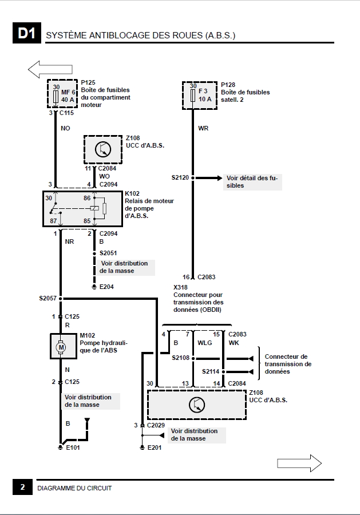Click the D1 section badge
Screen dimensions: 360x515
pyautogui.click(x=26, y=33)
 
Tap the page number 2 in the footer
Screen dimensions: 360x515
pyautogui.click(x=22, y=487)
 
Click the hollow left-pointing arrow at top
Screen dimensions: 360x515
pyautogui.click(x=50, y=69)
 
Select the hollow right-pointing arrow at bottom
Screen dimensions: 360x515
pyautogui.click(x=299, y=463)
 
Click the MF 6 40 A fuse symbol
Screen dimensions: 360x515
pyautogui.click(x=56, y=97)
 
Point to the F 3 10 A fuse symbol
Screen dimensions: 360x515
pyautogui.click(x=193, y=96)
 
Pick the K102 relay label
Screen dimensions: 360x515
pyautogui.click(x=132, y=193)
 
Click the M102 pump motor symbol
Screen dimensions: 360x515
pyautogui.click(x=61, y=347)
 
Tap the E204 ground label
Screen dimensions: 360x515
pyautogui.click(x=106, y=287)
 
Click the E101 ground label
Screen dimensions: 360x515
pyautogui.click(x=73, y=447)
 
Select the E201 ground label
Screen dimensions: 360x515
pyautogui.click(x=155, y=447)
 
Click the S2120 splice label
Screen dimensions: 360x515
pyautogui.click(x=180, y=178)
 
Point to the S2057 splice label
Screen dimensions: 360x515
pyautogui.click(x=48, y=298)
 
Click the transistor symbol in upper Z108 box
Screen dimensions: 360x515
pyautogui.click(x=103, y=149)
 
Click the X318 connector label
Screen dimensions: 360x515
pyautogui.click(x=180, y=287)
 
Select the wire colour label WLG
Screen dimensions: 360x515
pyautogui.click(x=205, y=343)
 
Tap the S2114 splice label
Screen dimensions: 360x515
pyautogui.click(x=211, y=371)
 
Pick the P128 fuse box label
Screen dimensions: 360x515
pyautogui.click(x=228, y=85)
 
